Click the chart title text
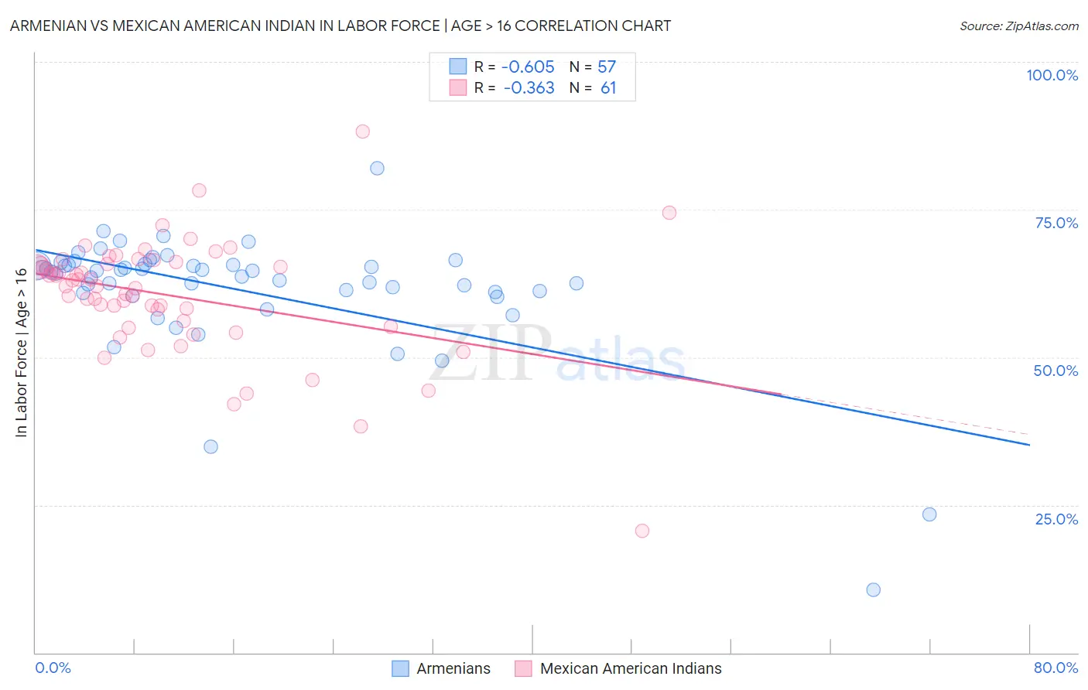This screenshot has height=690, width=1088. click(x=340, y=26)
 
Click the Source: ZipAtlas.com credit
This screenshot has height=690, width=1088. click(x=1018, y=26)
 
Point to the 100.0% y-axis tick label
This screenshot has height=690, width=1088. click(x=1052, y=75)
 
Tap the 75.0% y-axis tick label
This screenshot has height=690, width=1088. click(x=1056, y=223)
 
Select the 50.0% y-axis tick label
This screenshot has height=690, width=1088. click(x=1055, y=371)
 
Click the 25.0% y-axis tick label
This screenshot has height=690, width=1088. click(x=1056, y=519)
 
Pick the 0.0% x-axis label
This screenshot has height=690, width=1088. click(x=53, y=668)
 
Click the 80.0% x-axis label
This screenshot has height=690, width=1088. click(x=1055, y=668)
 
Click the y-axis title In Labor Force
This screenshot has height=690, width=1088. click(x=21, y=352)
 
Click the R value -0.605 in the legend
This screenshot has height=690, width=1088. click(x=528, y=67)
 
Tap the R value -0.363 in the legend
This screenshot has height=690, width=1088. click(x=529, y=88)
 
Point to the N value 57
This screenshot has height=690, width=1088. click(x=607, y=67)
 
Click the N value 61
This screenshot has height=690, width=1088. click(x=608, y=88)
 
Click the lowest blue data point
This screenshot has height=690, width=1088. click(x=873, y=589)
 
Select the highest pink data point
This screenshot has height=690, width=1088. click(x=362, y=132)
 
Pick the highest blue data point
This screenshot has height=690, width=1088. click(x=377, y=168)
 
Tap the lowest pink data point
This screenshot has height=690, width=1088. click(x=642, y=531)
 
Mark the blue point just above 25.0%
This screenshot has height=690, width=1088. click(x=929, y=514)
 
